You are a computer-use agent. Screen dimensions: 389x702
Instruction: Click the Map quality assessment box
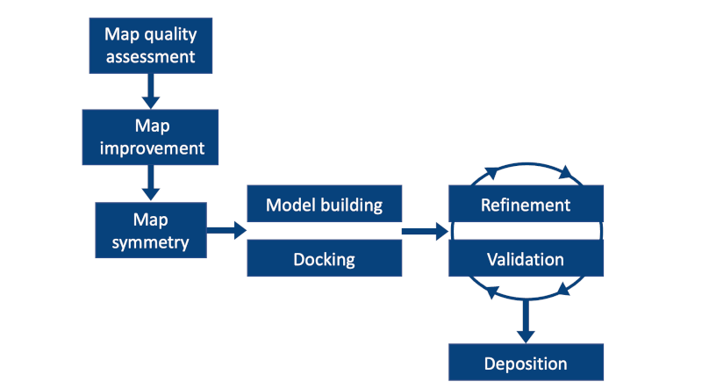(152, 47)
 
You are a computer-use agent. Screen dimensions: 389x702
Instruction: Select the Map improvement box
(151, 137)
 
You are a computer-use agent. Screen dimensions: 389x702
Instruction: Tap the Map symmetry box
(151, 229)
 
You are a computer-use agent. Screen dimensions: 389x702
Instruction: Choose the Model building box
(325, 205)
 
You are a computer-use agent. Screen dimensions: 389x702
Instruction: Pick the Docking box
(325, 259)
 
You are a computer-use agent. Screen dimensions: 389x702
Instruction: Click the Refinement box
(526, 205)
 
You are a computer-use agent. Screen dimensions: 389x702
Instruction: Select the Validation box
(526, 259)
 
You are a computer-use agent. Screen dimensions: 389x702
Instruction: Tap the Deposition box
(526, 363)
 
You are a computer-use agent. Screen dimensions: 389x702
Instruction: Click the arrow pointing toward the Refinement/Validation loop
(426, 232)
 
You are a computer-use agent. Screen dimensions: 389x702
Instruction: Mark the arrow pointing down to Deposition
(526, 320)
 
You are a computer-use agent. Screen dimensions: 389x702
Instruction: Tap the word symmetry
(151, 241)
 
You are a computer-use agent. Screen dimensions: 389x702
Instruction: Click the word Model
(289, 205)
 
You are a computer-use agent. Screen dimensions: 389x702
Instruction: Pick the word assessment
(152, 59)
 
